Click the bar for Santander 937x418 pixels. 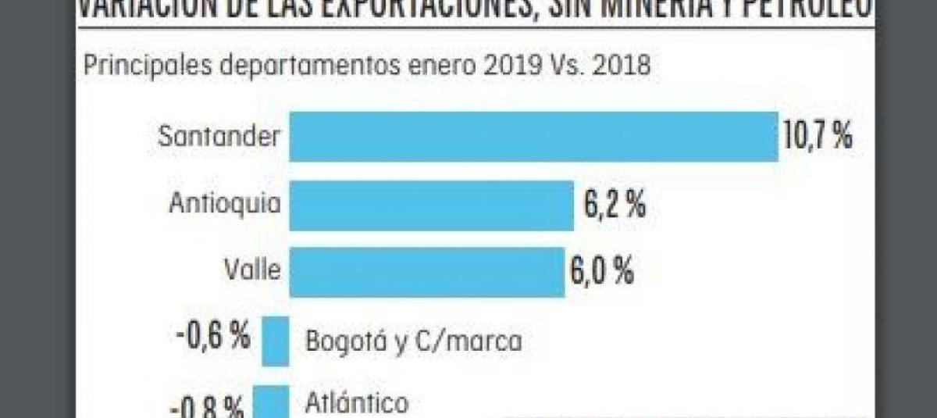coord(533,137)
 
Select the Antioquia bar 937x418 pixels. coord(431,205)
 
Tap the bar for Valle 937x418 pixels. coord(426,272)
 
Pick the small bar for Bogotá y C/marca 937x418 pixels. coord(276,341)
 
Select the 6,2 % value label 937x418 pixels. coord(615,205)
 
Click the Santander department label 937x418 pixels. coord(219,137)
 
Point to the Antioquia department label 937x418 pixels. coord(225,204)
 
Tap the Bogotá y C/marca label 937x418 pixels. coord(413,341)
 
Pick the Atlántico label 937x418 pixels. coord(357,403)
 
